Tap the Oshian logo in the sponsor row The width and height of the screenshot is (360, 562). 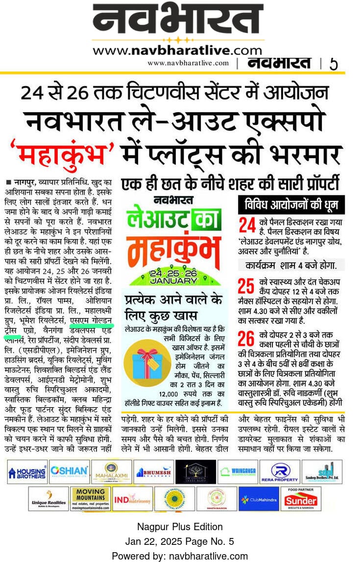click(x=69, y=472)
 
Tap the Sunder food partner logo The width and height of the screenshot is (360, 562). click(x=301, y=499)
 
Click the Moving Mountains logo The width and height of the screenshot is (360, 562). click(x=90, y=499)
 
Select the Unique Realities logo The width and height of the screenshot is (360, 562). click(x=48, y=499)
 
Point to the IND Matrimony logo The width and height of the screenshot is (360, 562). click(x=132, y=499)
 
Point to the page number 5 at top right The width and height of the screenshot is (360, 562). click(x=334, y=64)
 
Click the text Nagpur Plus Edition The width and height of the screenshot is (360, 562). click(x=180, y=527)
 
